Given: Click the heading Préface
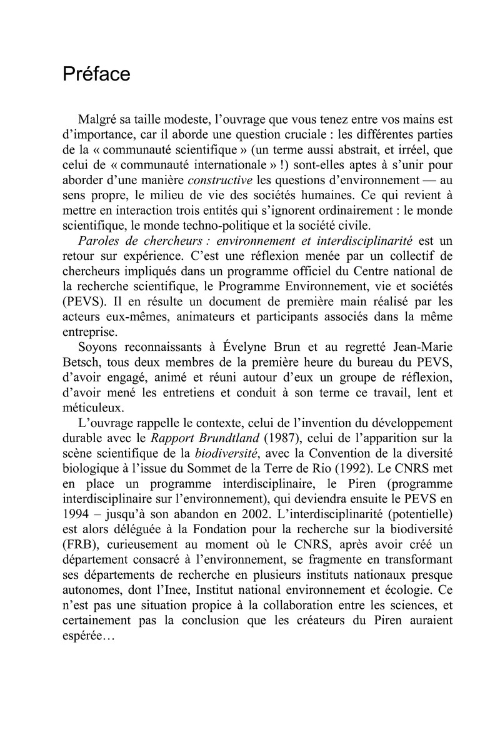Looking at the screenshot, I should click(x=96, y=74).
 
